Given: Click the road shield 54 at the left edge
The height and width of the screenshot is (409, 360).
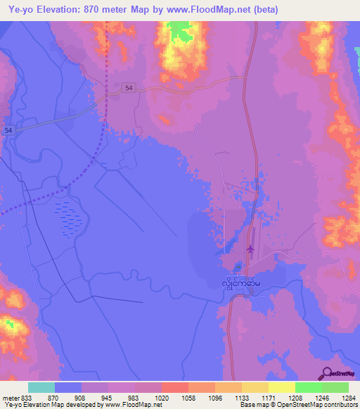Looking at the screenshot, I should coord(8,131).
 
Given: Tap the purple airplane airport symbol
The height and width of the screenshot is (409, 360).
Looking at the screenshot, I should coord(250,249).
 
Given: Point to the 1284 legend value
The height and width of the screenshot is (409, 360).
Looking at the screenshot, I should coord(349,396).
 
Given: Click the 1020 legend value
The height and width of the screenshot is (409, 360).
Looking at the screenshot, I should coord(162,396).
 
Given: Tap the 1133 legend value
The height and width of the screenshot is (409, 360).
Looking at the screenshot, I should coord(242,396).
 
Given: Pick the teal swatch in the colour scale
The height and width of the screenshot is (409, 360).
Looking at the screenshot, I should coord(41,387).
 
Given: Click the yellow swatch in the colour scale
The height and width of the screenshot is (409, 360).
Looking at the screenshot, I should coord(282,387).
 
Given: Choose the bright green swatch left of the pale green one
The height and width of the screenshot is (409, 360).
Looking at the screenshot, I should coord(309,387).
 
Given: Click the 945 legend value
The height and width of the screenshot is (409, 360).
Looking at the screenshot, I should coord(108,396).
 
